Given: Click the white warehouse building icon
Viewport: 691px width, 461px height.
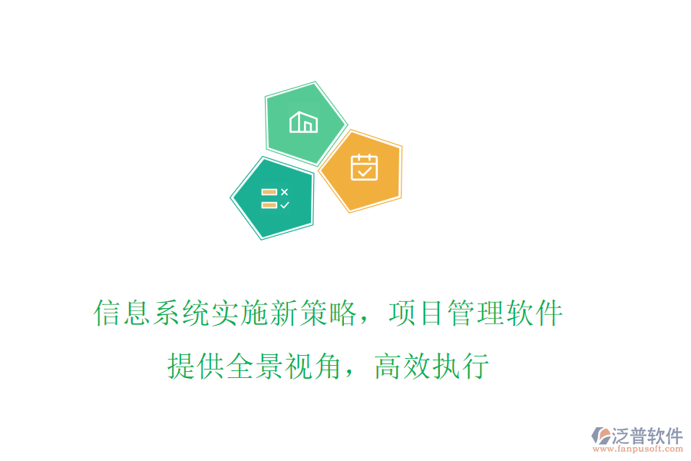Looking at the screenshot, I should point(303,122).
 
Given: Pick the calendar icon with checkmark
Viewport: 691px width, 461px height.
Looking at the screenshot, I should point(364,167).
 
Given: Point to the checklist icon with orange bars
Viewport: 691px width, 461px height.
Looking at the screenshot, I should point(274,198).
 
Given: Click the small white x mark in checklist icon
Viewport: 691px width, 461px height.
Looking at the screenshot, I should point(284,191).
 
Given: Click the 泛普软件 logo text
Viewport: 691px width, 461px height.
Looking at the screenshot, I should point(646,436).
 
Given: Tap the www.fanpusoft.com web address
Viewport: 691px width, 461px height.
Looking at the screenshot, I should point(637,450).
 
